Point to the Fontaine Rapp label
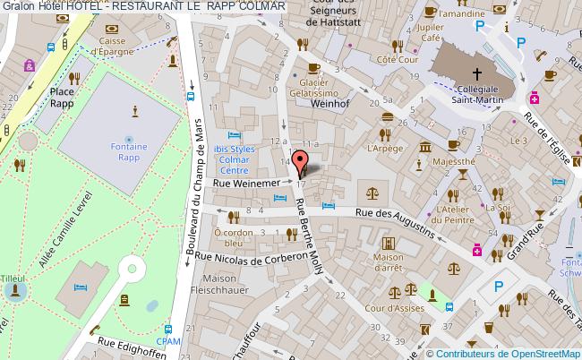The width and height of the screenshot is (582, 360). click(x=135, y=154)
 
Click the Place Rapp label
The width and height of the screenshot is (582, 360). click(x=62, y=96)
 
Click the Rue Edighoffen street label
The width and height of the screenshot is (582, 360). click(x=134, y=344)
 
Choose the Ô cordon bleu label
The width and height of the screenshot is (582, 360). click(x=235, y=236)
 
